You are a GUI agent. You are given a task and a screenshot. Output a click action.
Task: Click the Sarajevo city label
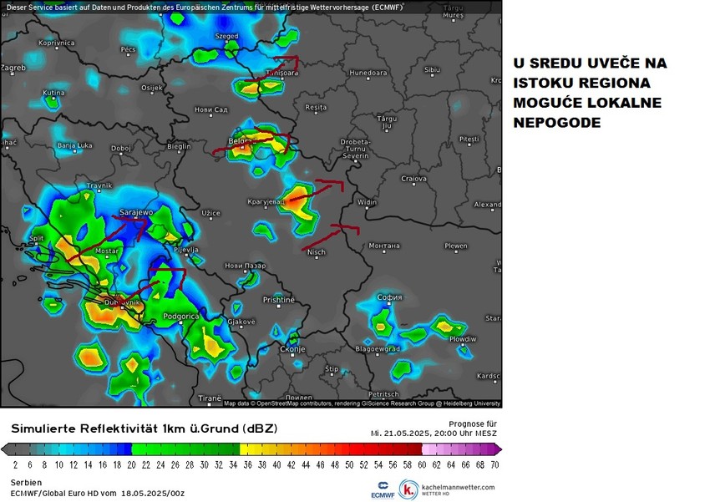coord(137,212)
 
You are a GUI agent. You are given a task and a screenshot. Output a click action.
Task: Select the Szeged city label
coord(226,37)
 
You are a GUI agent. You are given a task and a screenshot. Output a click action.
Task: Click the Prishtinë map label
coord(279,299)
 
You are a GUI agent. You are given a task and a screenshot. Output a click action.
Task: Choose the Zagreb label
coord(13,67)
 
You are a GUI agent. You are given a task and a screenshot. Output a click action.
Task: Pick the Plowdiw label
coord(463,340)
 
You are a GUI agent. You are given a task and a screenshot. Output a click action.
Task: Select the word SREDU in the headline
coord(562,63)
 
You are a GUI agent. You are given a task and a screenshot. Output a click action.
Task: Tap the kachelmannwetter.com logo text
coord(459,487)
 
